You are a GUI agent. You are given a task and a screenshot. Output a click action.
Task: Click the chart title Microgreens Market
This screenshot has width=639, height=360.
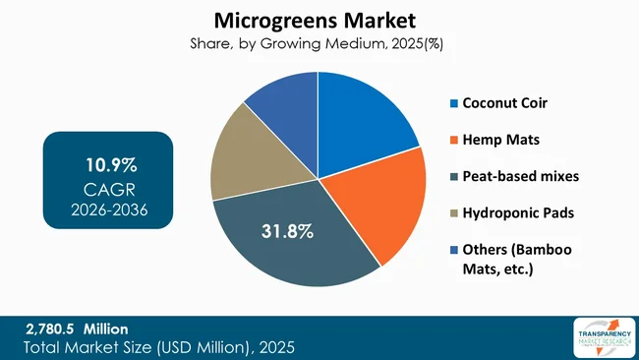click(x=319, y=19)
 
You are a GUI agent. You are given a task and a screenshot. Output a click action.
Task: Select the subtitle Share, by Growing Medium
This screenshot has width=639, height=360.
click(x=319, y=42)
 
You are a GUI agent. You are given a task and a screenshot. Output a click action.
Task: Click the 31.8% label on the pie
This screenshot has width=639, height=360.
click(x=288, y=232)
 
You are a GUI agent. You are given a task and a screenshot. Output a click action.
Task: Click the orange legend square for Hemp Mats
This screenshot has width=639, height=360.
click(x=453, y=140)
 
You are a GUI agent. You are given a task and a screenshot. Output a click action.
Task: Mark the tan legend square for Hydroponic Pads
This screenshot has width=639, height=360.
click(x=453, y=212)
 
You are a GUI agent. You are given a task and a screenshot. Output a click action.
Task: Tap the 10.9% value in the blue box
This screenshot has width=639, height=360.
click(x=108, y=162)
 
